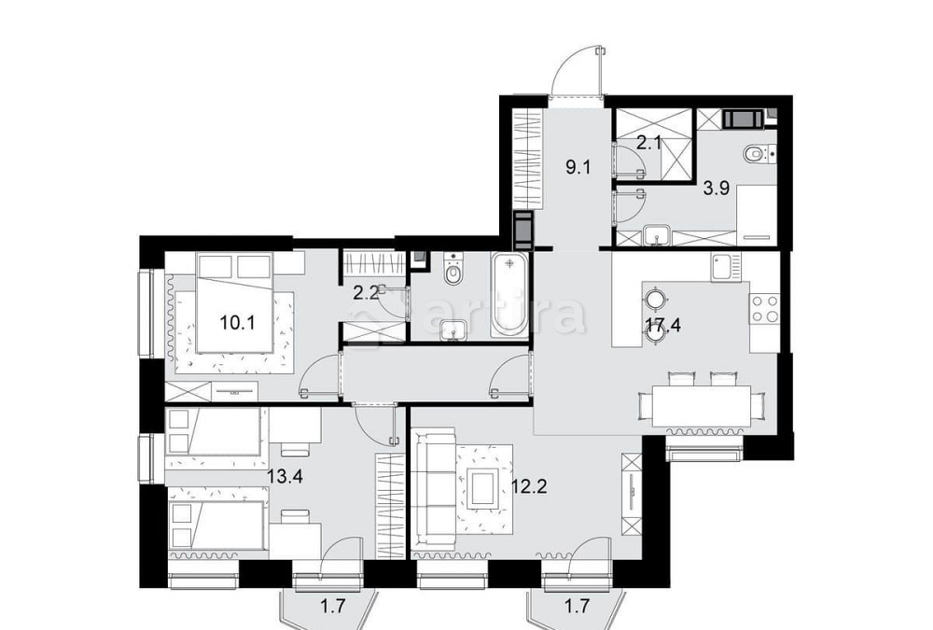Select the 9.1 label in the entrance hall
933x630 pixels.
point(578,168)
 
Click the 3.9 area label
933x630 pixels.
point(716,187)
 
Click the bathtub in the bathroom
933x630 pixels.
point(509,294)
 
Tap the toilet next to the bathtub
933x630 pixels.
point(454,272)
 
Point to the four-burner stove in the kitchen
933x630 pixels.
point(764,308)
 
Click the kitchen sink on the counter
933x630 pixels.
point(723,270)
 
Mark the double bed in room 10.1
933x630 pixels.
point(235,313)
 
